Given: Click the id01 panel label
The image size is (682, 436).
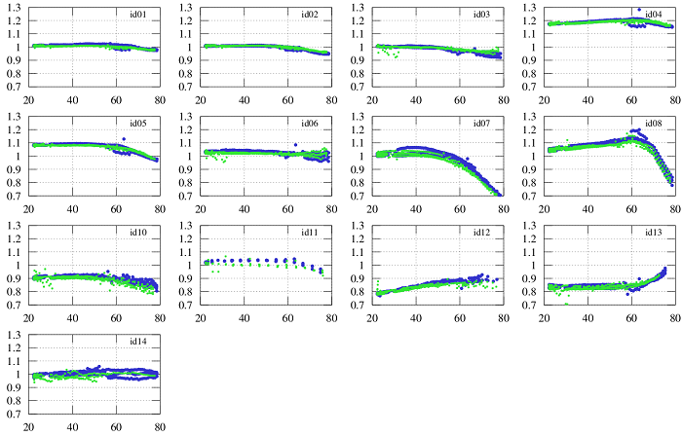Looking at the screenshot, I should pos(138,16).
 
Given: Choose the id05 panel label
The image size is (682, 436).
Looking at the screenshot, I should pos(138,125).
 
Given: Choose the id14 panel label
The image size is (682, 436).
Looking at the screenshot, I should pos(138,343).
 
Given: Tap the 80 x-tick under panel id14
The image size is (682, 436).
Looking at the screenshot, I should pos(159,427).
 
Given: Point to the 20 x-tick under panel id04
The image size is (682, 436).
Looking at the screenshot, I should pos(544,100).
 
